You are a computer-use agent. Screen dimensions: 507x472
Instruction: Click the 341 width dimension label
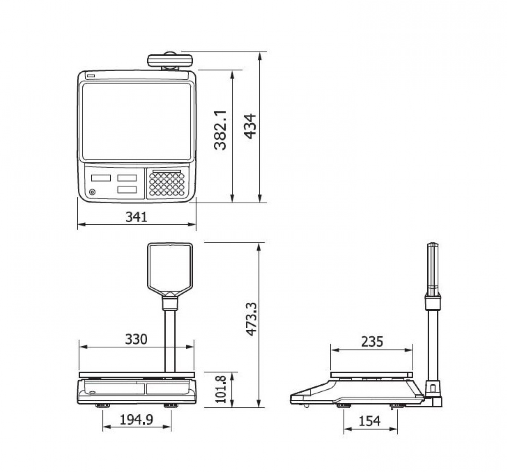point(136,217)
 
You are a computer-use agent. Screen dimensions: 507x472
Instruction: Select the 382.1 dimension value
point(220,130)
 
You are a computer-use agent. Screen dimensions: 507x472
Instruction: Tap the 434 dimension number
point(250,127)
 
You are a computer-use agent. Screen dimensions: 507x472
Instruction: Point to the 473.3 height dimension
point(251,319)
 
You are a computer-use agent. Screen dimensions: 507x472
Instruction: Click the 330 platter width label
point(136,340)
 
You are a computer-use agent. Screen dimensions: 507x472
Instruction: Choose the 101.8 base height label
point(221,389)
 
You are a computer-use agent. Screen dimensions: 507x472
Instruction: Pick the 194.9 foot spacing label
point(136,420)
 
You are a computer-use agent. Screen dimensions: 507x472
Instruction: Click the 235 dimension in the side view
point(372,342)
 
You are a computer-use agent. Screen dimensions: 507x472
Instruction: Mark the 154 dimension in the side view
point(369,421)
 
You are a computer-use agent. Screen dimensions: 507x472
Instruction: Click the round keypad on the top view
point(167,184)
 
